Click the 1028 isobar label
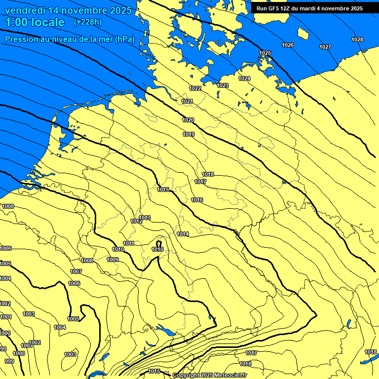pos(357,39)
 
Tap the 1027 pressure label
pos(325,47)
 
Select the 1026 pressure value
pos(288,45)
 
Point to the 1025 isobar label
pos(265,53)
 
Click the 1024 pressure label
pos(244,78)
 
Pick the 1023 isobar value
pos(223,85)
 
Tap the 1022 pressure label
pos(195,88)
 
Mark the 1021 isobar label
pos(188,101)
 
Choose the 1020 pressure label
pos(188,120)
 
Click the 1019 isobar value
pos(189,134)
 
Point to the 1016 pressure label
pos(197,200)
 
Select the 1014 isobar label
pos(183,234)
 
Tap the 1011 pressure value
pos(129,243)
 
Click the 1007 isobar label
pos(76,271)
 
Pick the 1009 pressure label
pos(113,260)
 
